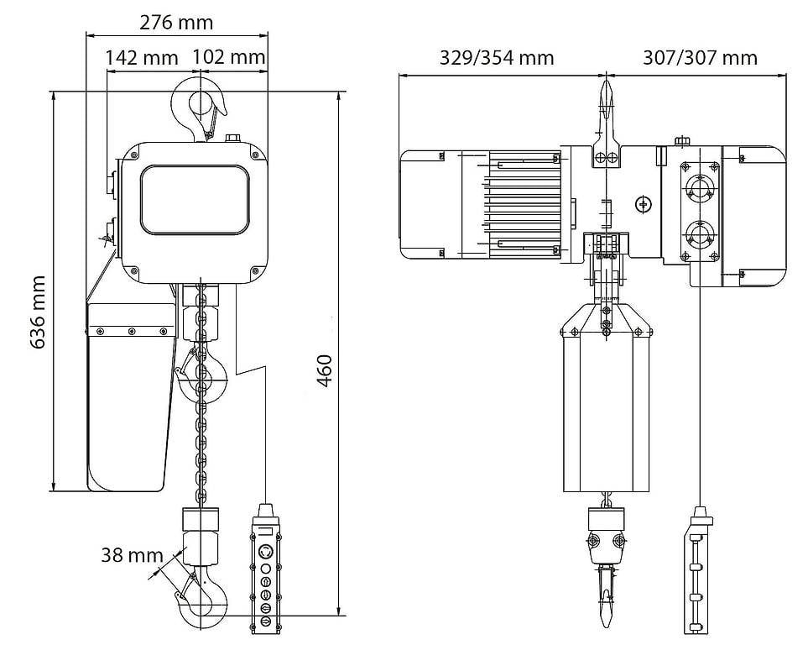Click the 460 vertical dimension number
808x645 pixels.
pos(326,370)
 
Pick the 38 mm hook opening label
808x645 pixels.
pos(132,555)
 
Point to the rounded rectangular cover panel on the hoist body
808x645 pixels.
pos(195,200)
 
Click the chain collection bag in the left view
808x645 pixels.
pos(130,395)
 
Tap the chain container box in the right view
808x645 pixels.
pos(607,403)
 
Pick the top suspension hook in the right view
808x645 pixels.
pos(607,109)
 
